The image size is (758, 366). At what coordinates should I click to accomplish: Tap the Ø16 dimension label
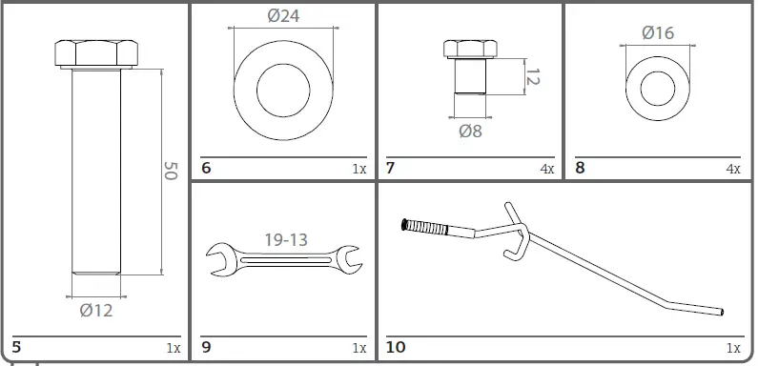pos(658,32)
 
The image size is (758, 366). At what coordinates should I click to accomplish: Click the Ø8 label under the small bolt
pos(470,131)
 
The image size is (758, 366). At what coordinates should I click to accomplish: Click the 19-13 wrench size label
pos(285,239)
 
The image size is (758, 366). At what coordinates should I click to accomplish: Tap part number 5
pos(16,348)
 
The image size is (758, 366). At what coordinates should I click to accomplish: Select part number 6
pos(206,168)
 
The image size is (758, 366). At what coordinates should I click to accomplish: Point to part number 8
pos(580,168)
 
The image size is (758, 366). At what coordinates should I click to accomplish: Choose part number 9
pos(207,348)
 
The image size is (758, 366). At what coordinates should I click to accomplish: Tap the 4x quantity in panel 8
pos(732,169)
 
